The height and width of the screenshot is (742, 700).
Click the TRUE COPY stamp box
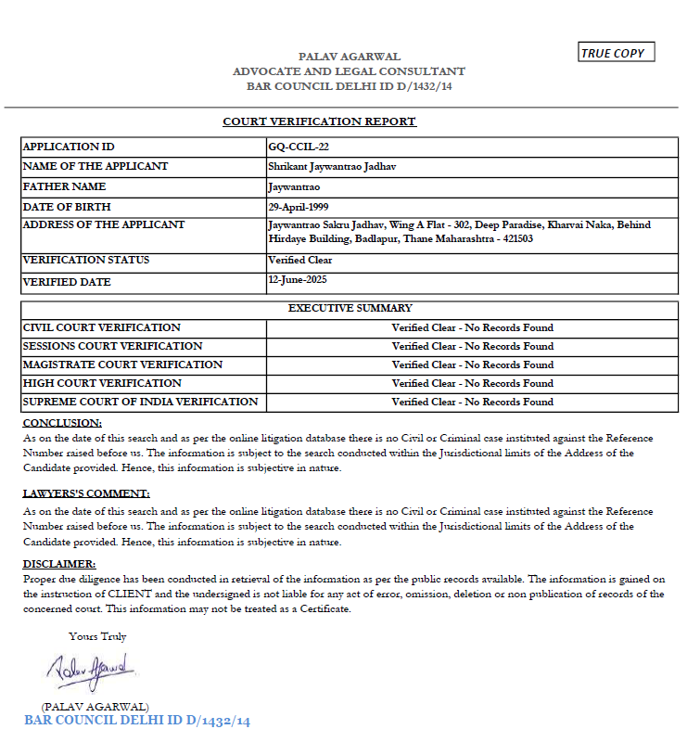(x=616, y=53)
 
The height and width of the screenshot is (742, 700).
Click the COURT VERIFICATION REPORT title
(x=319, y=122)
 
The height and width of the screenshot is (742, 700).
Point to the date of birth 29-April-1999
(x=298, y=207)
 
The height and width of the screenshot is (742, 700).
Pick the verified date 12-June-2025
(x=297, y=279)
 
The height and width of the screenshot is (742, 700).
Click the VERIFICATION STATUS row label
(x=86, y=260)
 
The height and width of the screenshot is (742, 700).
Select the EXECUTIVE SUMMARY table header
(x=350, y=308)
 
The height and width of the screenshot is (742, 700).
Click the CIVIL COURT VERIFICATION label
(x=102, y=327)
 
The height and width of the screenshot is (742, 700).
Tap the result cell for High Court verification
(x=472, y=383)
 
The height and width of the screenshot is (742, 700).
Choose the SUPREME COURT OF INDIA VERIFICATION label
(x=140, y=402)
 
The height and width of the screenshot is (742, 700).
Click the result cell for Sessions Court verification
(x=472, y=346)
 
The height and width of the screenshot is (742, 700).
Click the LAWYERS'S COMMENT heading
(x=86, y=493)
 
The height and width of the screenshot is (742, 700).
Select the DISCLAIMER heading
(x=58, y=564)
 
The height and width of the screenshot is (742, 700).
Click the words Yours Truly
(x=97, y=636)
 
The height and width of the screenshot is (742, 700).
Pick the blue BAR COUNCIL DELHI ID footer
(x=137, y=721)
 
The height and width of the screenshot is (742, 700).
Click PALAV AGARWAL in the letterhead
(x=349, y=57)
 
